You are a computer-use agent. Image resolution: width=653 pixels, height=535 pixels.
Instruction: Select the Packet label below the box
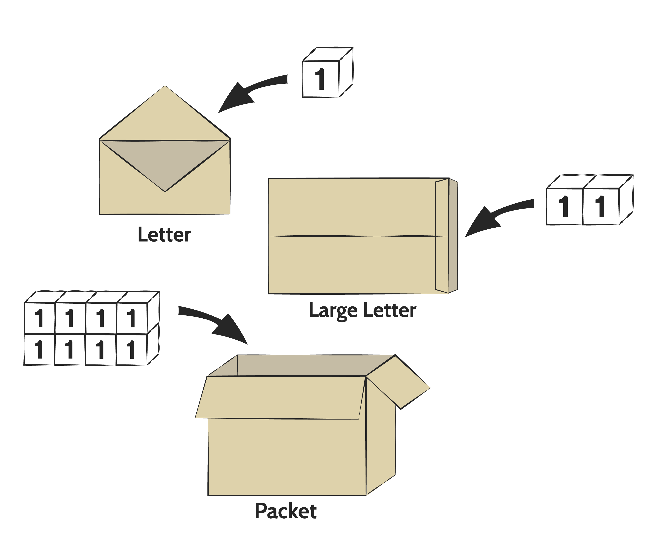tap(286, 512)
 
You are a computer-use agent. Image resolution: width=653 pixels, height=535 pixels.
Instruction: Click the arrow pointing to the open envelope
tap(247, 92)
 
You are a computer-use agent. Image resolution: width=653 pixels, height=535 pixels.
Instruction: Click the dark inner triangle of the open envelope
tap(165, 160)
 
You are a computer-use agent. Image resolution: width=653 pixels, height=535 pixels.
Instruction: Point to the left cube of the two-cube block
tap(565, 207)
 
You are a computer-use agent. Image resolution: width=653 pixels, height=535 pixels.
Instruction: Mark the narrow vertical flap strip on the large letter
tap(442, 236)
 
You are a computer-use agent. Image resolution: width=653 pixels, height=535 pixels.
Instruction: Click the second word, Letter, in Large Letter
tap(390, 311)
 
